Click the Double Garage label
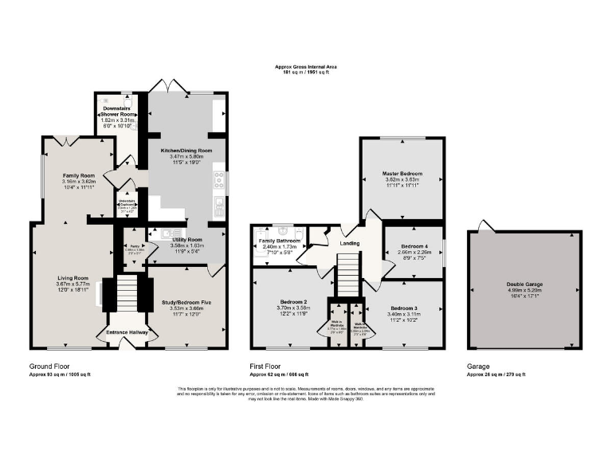coord(524,287)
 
